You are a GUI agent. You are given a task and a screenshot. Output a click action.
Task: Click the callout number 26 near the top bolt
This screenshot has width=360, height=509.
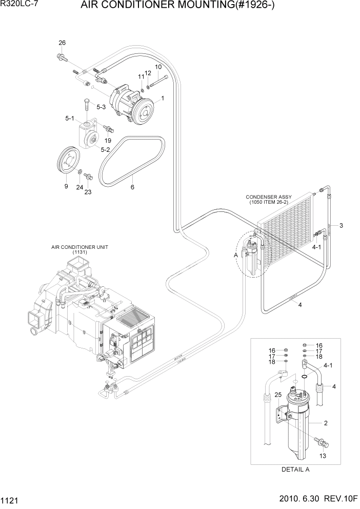(x=62, y=43)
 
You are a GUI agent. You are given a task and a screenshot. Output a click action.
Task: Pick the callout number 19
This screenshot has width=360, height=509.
(x=108, y=140)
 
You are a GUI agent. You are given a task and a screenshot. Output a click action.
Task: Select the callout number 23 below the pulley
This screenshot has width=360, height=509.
(x=88, y=192)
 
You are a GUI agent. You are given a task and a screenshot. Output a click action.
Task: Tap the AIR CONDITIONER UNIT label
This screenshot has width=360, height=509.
(x=79, y=247)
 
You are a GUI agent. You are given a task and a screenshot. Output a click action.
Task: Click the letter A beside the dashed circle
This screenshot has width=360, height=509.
(x=236, y=255)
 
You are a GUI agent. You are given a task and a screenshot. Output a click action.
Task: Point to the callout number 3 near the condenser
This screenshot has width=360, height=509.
(x=341, y=226)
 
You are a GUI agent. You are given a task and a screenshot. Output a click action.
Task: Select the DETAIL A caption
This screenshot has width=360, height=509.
(x=296, y=469)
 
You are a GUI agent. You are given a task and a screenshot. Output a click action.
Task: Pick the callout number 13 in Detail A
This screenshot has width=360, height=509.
(x=322, y=455)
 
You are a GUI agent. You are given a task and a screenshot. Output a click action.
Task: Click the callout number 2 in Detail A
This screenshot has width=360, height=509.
(x=325, y=423)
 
